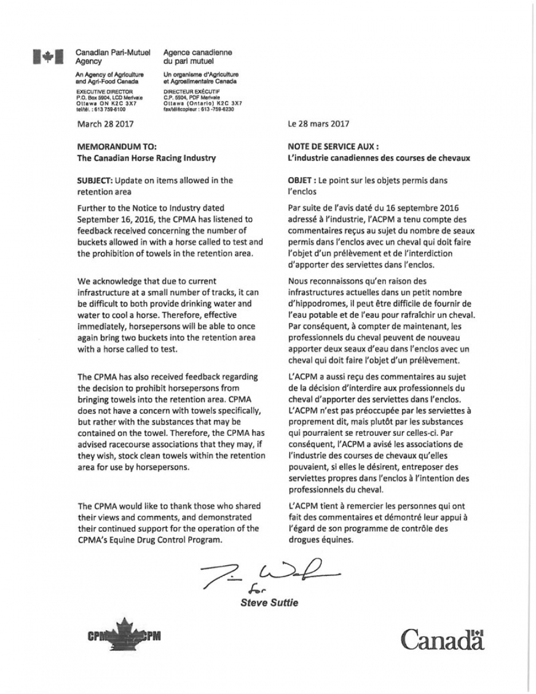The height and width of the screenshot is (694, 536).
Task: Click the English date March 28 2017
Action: tap(105, 124)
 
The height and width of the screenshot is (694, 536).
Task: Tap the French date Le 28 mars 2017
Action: tap(318, 124)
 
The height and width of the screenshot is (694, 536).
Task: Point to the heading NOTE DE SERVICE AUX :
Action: tap(333, 147)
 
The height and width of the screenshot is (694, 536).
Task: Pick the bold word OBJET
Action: tap(300, 181)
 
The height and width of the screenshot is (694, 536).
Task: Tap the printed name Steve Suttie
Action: tap(269, 603)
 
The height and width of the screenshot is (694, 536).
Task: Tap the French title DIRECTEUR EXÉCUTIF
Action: tap(188, 92)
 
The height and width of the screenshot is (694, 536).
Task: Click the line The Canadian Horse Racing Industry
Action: tap(147, 158)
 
